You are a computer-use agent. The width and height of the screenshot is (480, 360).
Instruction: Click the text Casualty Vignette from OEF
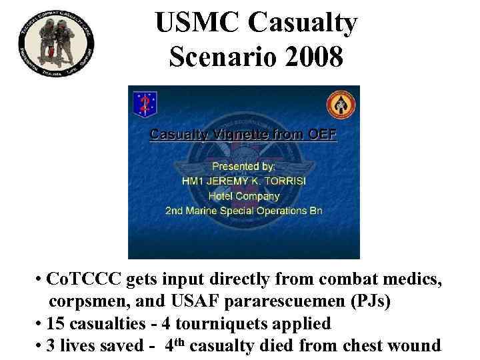pyautogui.click(x=243, y=135)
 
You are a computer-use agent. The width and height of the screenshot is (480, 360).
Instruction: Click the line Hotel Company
pyautogui.click(x=243, y=196)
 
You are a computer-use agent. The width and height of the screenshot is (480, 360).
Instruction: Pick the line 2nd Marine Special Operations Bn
pyautogui.click(x=243, y=211)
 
